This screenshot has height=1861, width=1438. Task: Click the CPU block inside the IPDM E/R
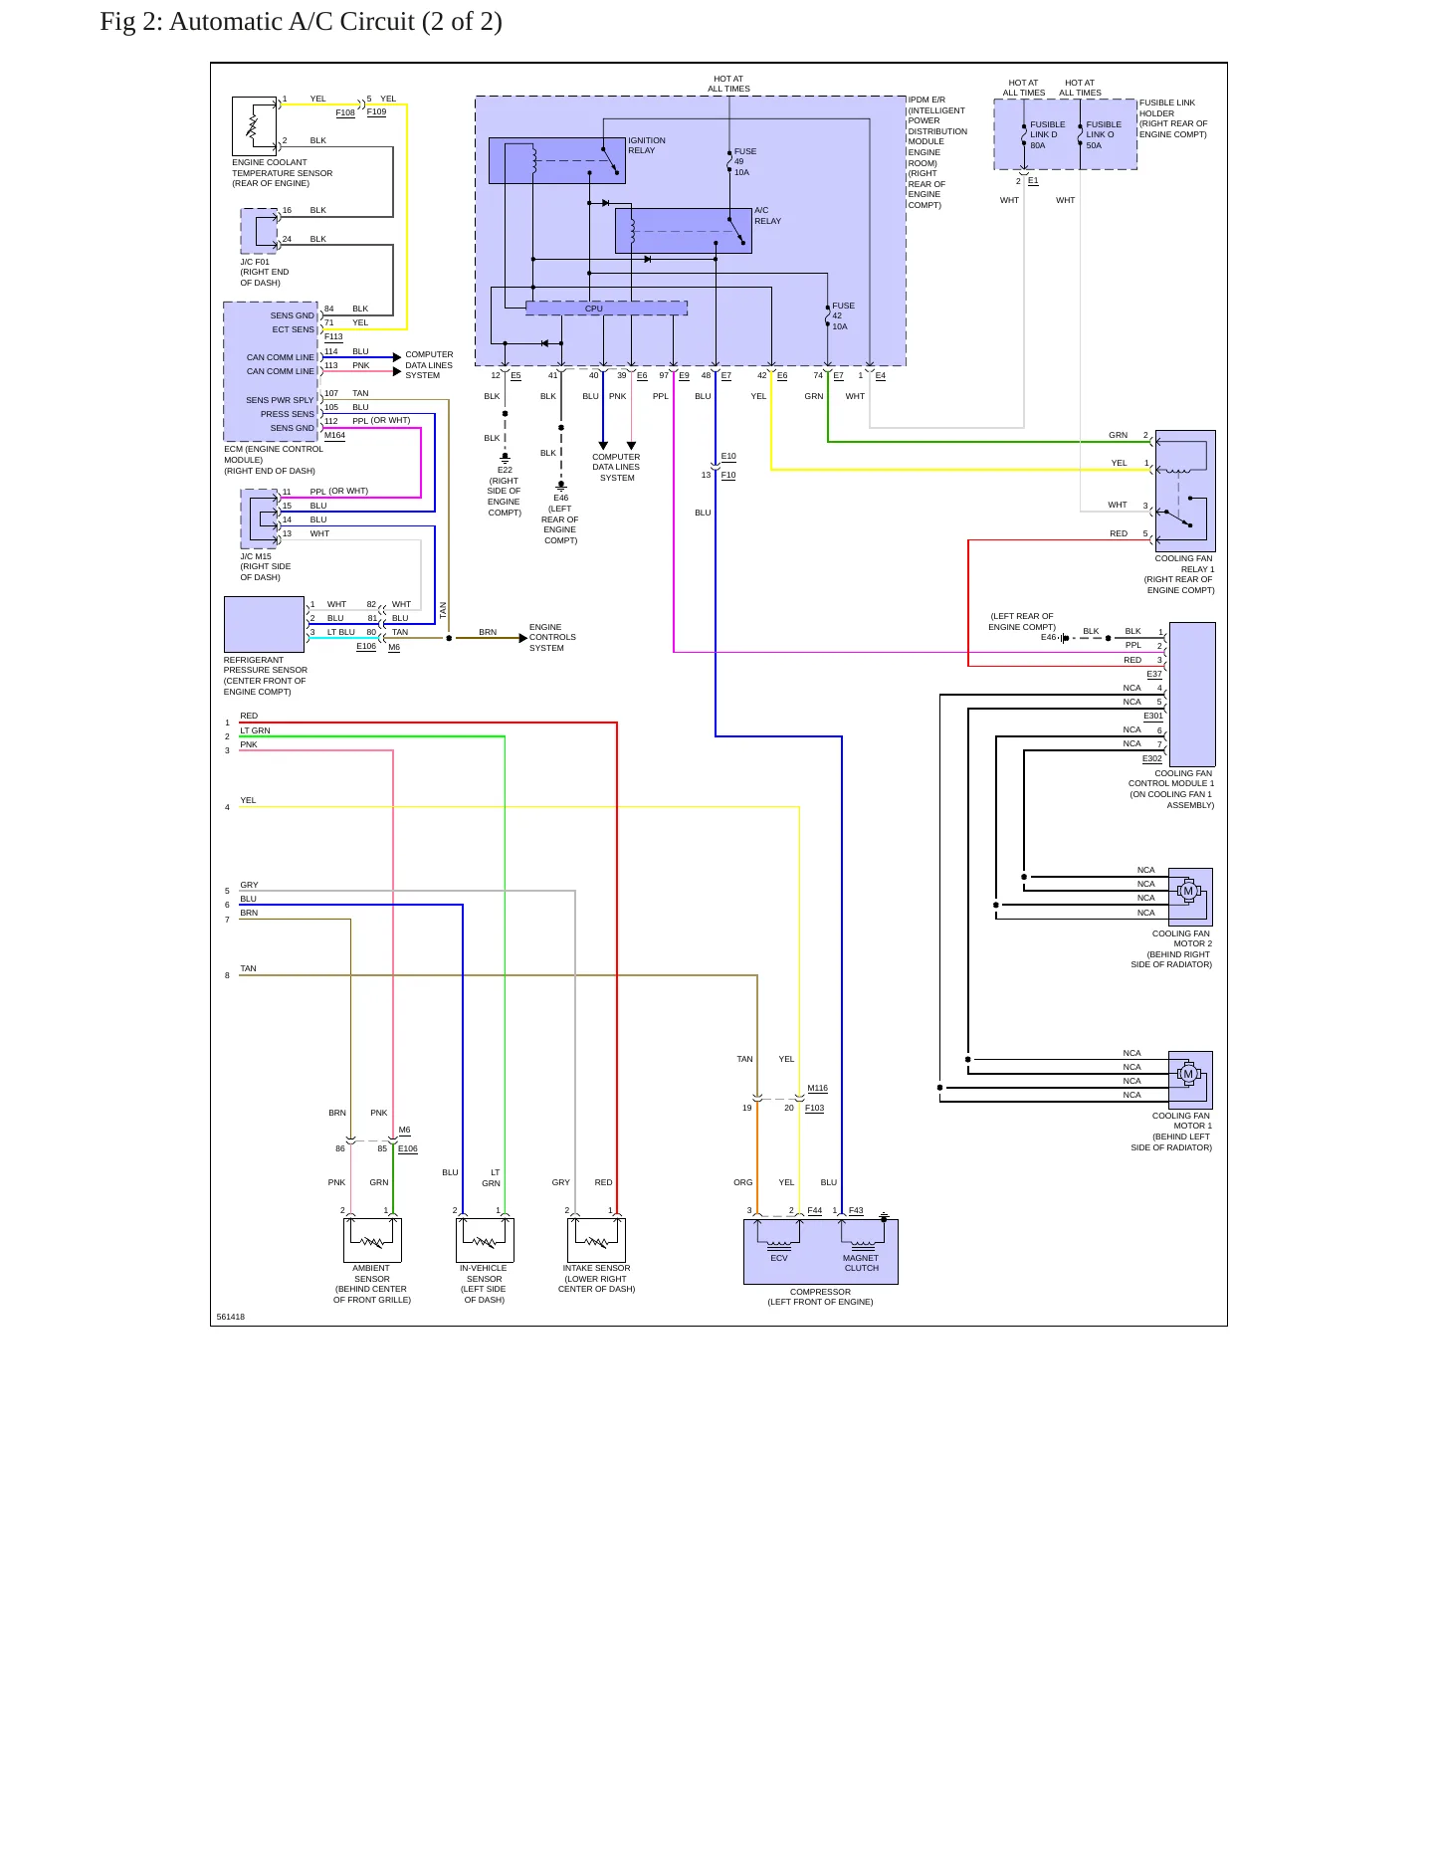[606, 309]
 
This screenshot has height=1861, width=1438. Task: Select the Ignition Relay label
[647, 145]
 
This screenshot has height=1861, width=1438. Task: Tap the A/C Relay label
[767, 216]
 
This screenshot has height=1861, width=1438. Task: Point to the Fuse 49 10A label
[745, 162]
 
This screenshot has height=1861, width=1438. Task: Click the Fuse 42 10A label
[843, 316]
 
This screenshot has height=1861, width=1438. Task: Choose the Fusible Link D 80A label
[1047, 135]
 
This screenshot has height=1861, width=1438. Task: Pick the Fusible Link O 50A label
[1104, 135]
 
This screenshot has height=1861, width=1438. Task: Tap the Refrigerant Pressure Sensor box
[264, 625]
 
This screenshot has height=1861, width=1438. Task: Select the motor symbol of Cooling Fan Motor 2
[1188, 891]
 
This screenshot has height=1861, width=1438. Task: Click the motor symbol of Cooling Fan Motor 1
[1187, 1074]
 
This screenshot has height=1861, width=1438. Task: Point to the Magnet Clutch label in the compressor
[861, 1263]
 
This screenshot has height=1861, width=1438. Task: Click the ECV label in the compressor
[779, 1258]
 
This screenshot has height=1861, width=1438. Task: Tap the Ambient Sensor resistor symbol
[373, 1242]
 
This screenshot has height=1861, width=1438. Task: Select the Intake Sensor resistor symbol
[597, 1242]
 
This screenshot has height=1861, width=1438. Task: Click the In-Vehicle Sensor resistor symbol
[485, 1242]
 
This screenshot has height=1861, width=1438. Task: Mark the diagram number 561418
[231, 1317]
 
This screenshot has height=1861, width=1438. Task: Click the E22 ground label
[505, 470]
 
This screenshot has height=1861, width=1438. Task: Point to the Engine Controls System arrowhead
[523, 638]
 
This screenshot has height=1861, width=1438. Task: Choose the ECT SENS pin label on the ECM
[294, 329]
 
